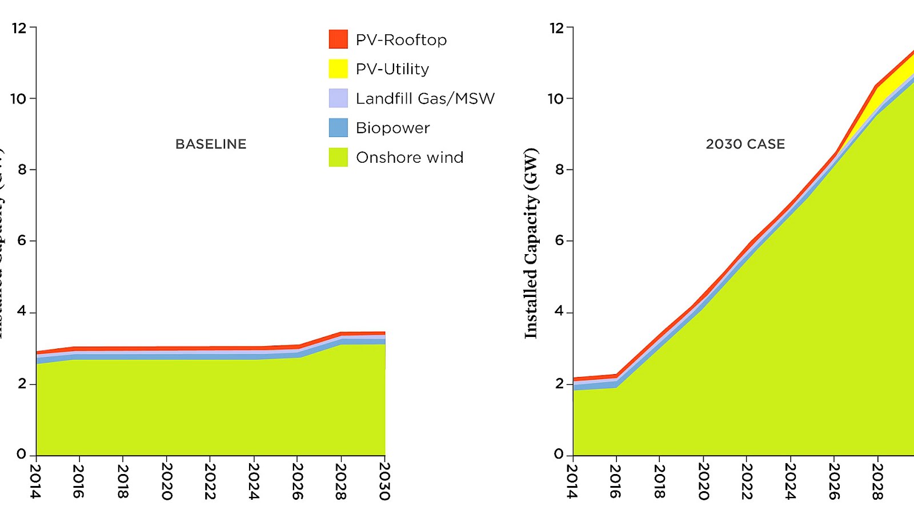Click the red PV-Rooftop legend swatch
tap(338, 39)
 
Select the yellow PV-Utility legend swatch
tap(338, 69)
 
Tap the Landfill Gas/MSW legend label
tap(425, 99)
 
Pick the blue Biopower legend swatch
tap(338, 127)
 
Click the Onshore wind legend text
tap(409, 158)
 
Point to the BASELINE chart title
tap(211, 144)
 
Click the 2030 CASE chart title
tap(745, 144)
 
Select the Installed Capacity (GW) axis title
tap(531, 243)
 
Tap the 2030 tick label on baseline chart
tap(384, 481)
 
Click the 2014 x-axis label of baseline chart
tap(35, 481)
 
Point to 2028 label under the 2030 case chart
tap(877, 481)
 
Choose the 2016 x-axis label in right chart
tap(615, 481)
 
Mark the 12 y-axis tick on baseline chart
tap(19, 28)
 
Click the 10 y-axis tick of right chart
tap(555, 99)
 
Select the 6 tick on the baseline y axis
tap(22, 240)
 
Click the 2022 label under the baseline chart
tap(210, 481)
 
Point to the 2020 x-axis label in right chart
tap(703, 481)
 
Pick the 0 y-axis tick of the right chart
tap(559, 455)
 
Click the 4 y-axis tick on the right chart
tap(559, 312)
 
